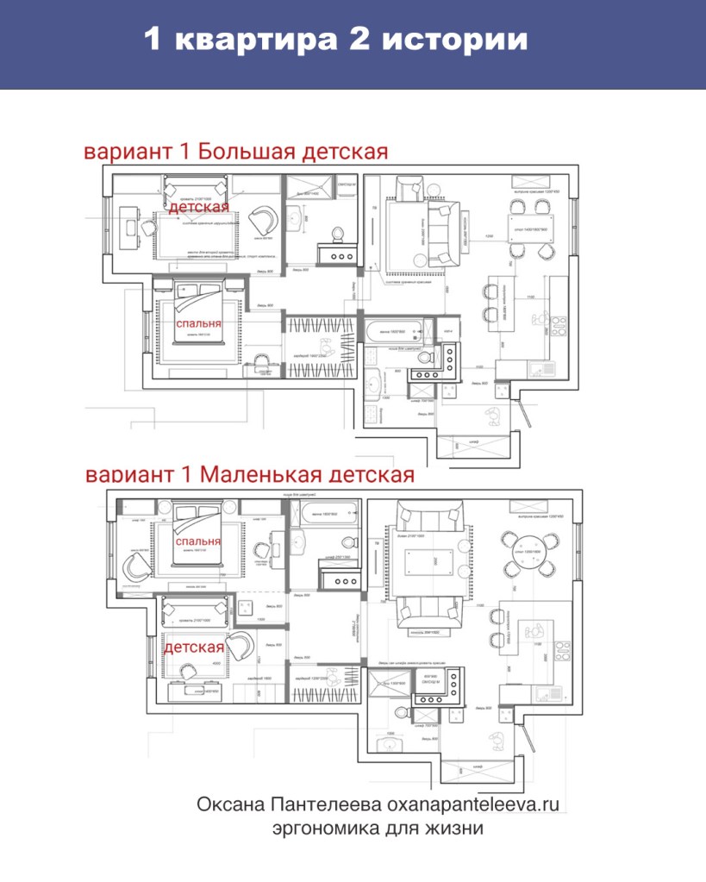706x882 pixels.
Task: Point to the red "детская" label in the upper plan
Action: (x=198, y=207)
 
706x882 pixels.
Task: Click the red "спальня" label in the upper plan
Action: (x=198, y=323)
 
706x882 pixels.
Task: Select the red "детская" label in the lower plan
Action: (x=194, y=647)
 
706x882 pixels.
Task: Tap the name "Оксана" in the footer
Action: (x=228, y=804)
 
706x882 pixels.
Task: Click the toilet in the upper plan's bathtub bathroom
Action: (x=424, y=357)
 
